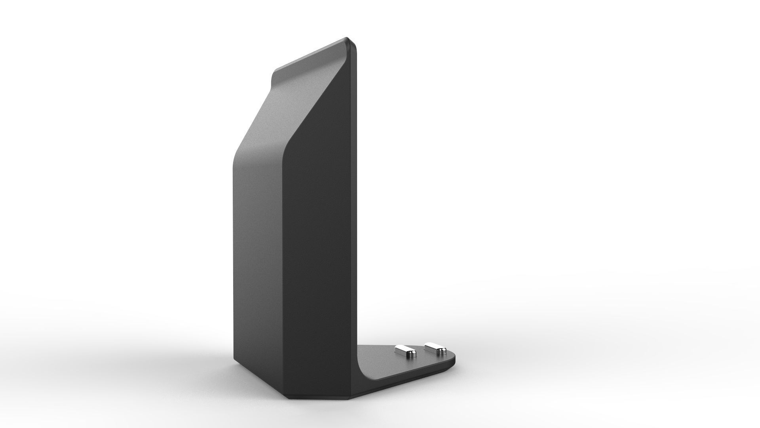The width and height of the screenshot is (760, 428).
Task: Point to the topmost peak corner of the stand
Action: tap(347, 38)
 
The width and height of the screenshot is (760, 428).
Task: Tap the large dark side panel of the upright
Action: tap(317, 238)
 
